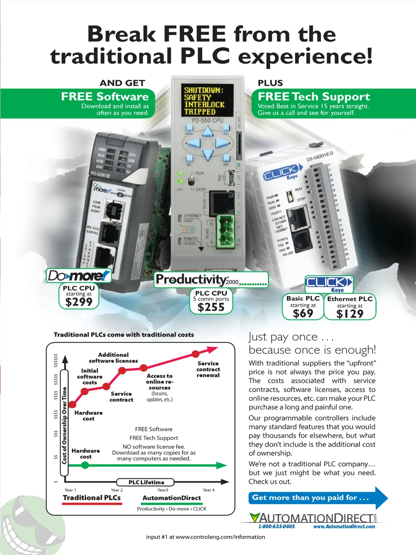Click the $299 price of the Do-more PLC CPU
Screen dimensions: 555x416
pyautogui.click(x=79, y=302)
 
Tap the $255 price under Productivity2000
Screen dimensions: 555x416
pyautogui.click(x=211, y=307)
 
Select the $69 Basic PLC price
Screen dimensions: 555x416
pyautogui.click(x=303, y=313)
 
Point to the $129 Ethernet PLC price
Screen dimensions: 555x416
pyautogui.click(x=350, y=314)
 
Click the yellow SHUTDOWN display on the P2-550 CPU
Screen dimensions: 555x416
pyautogui.click(x=204, y=101)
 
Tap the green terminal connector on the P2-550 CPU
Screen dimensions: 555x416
pyautogui.click(x=224, y=231)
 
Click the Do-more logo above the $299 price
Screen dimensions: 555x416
pyautogui.click(x=79, y=276)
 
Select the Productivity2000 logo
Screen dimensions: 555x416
pyautogui.click(x=211, y=280)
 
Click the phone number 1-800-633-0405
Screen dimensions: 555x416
pyautogui.click(x=277, y=527)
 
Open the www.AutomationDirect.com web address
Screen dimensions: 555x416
pyautogui.click(x=344, y=527)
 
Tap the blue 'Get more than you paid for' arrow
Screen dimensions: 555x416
pyautogui.click(x=317, y=498)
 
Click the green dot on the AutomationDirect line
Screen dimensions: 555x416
pyautogui.click(x=85, y=465)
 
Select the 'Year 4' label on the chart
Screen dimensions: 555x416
pyautogui.click(x=209, y=490)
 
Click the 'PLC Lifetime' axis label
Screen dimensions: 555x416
pyautogui.click(x=146, y=482)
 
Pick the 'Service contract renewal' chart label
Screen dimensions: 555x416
pyautogui.click(x=208, y=369)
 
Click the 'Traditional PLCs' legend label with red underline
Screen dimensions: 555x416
pyautogui.click(x=92, y=498)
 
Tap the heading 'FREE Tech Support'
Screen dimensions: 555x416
pyautogui.click(x=314, y=97)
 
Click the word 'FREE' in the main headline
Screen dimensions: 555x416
pyautogui.click(x=194, y=34)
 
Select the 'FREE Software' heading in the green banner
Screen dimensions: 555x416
pyautogui.click(x=105, y=97)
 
